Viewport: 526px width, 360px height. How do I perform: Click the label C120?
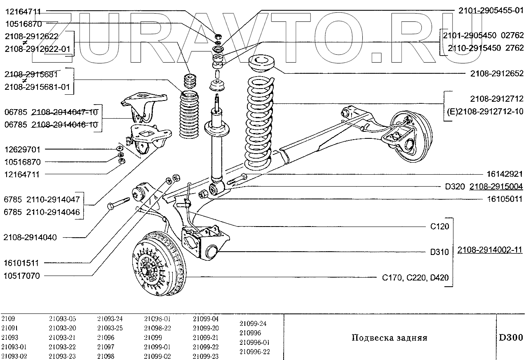click(x=439, y=226)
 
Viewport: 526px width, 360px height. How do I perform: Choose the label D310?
click(x=439, y=252)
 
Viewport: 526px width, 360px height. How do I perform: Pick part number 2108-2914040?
click(x=30, y=237)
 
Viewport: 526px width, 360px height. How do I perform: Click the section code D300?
click(x=511, y=338)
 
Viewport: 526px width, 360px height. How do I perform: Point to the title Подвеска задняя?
click(x=389, y=338)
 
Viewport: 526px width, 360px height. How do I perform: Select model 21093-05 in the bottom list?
click(x=62, y=319)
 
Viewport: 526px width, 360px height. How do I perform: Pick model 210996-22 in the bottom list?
click(x=255, y=352)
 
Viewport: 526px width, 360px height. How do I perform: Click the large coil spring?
click(x=259, y=124)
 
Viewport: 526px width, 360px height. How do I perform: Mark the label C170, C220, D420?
click(x=416, y=278)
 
